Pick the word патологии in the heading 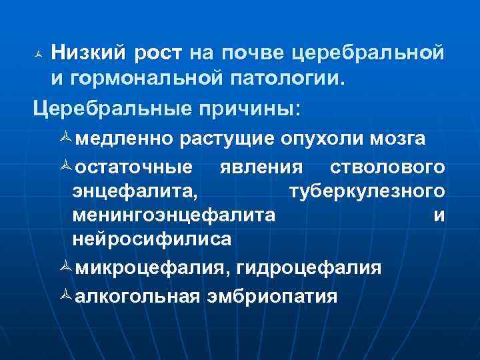pyautogui.click(x=289, y=79)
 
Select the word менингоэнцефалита pyautogui.click(x=175, y=216)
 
